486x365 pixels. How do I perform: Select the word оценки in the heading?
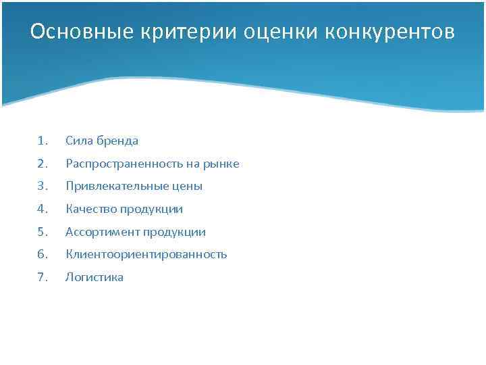tap(277, 32)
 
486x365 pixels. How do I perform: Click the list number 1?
tap(43, 141)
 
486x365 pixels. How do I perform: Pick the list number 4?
tap(43, 209)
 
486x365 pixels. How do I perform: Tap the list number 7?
tap(43, 277)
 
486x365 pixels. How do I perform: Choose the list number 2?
tap(43, 164)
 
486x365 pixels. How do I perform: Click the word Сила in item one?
tap(78, 141)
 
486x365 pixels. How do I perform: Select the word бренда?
tap(116, 141)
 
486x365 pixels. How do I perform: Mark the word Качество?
tap(90, 209)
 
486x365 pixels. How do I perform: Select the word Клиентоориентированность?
tap(146, 254)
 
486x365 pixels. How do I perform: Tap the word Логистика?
tap(94, 277)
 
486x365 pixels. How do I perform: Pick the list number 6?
tap(43, 254)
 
